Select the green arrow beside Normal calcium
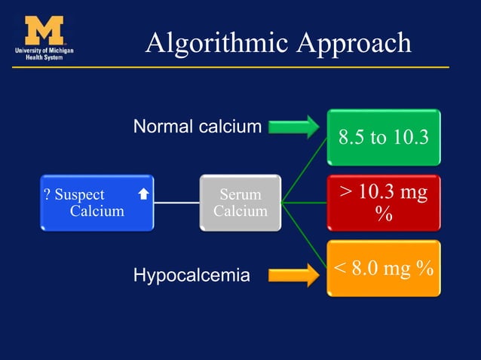point(293,127)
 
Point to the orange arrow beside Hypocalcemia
point(293,274)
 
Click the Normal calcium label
point(197,127)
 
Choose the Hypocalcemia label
point(191,276)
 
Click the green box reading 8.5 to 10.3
point(383,138)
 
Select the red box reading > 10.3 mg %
point(383,203)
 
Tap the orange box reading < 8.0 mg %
point(383,268)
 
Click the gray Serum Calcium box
point(240,203)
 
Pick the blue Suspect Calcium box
point(97,203)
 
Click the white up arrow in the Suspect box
point(143,194)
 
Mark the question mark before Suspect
point(47,195)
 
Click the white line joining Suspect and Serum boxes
point(176,203)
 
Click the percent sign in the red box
point(384,215)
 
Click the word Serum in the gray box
point(240,195)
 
